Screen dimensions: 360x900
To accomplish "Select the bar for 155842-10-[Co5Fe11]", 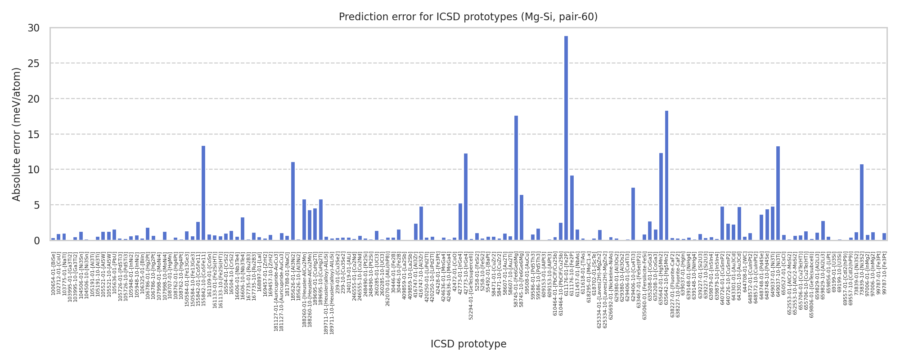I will point(203,193).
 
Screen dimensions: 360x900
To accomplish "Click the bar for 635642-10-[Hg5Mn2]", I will point(666,175).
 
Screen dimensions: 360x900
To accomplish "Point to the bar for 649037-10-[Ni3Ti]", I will point(778,193).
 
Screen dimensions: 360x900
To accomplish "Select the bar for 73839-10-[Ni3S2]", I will point(862,202).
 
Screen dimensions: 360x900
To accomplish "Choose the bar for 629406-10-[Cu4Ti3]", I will point(633,214).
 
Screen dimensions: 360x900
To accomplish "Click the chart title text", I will point(468,17).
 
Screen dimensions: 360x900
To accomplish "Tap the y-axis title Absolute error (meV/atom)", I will point(17,134).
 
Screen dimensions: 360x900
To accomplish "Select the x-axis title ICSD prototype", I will point(468,344).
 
